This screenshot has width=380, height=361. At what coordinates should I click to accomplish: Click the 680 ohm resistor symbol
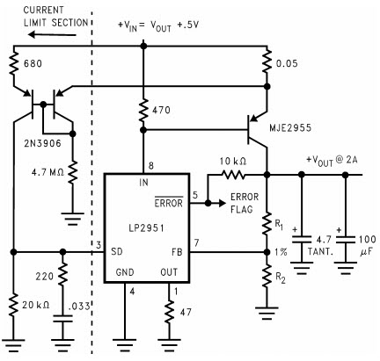13,64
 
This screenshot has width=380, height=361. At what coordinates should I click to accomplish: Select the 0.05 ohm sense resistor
267,62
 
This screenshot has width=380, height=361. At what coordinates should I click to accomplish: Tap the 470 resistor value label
161,111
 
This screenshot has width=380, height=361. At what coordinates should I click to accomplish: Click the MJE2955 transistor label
290,128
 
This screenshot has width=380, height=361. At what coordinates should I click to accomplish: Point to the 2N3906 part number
42,143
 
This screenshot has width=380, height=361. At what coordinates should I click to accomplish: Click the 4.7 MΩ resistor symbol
73,173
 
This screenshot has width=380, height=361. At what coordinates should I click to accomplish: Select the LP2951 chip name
147,228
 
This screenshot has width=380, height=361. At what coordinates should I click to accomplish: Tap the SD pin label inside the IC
117,251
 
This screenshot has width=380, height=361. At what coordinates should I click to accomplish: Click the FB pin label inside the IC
177,252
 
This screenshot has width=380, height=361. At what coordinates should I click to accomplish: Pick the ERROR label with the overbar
169,202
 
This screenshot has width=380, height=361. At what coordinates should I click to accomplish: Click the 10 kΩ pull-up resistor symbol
233,175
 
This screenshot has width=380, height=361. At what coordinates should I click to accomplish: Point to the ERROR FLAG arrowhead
223,203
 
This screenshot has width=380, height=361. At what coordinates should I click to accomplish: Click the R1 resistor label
279,225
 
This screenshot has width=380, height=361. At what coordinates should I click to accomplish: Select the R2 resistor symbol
267,276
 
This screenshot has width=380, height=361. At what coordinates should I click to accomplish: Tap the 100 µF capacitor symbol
346,240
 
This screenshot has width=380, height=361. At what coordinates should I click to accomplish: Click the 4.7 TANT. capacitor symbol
302,239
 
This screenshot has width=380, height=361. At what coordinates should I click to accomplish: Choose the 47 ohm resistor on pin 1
169,312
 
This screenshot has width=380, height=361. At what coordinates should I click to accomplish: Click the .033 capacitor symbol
62,319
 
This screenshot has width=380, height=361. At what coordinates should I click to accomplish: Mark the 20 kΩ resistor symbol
13,305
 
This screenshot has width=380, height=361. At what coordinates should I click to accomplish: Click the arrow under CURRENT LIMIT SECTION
52,35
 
